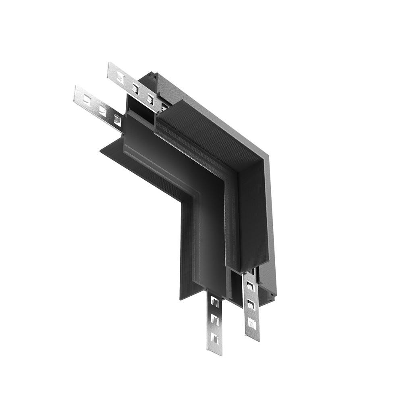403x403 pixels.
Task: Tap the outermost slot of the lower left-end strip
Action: pos(87,99)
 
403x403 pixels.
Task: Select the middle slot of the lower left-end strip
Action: pos(102,110)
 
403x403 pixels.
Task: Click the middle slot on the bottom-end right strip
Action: pos(251,304)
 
